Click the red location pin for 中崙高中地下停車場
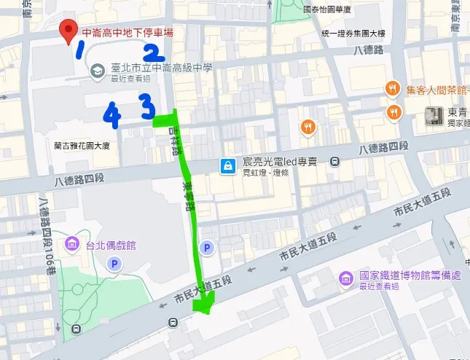pyautogui.click(x=68, y=31)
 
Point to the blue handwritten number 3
pyautogui.click(x=148, y=109)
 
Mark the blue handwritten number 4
pyautogui.click(x=111, y=114)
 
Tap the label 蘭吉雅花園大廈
pyautogui.click(x=82, y=146)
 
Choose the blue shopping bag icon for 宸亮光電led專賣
pyautogui.click(x=229, y=166)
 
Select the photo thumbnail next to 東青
pyautogui.click(x=435, y=115)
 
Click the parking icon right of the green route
pyautogui.click(x=208, y=249)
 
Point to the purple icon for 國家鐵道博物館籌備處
pyautogui.click(x=345, y=278)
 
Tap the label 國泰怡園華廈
pyautogui.click(x=327, y=9)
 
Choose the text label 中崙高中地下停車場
pyautogui.click(x=128, y=32)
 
